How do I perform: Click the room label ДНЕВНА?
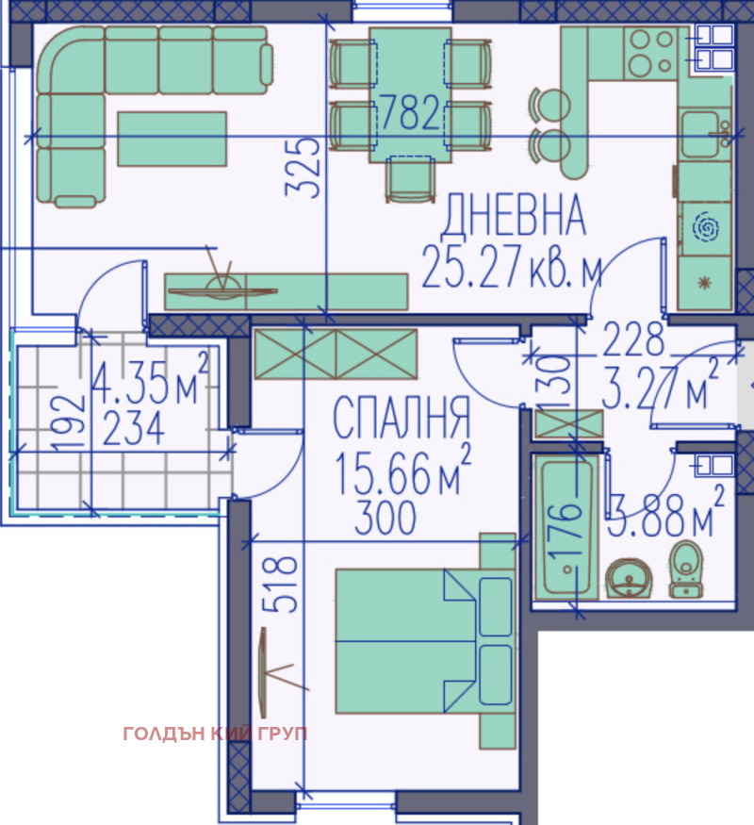click(515, 216)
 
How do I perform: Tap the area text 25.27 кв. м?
click(512, 267)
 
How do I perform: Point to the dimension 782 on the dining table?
click(410, 113)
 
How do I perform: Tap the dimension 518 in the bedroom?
click(282, 586)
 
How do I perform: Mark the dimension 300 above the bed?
click(385, 520)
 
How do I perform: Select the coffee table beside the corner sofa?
click(172, 138)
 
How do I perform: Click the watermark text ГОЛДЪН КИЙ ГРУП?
click(215, 734)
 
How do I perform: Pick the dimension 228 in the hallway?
click(633, 337)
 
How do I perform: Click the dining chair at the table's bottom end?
click(410, 181)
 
